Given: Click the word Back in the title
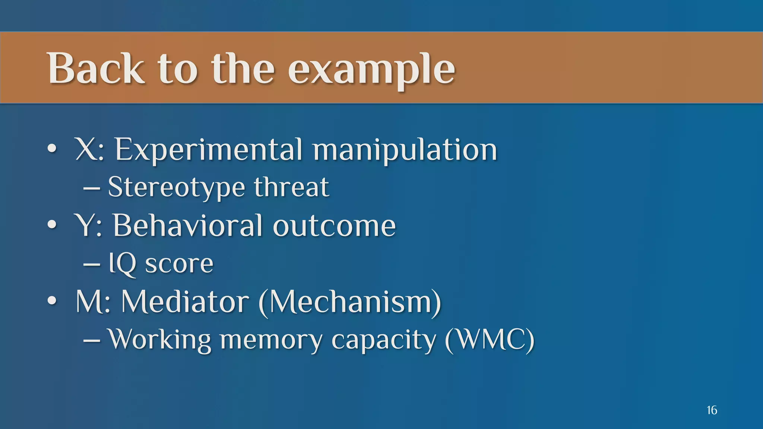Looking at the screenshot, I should (95, 69).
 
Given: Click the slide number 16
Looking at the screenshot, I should (712, 410).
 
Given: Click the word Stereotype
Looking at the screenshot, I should (176, 187).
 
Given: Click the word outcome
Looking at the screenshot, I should (334, 226).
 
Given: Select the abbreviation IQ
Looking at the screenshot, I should (122, 264).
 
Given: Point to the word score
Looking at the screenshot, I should (179, 264).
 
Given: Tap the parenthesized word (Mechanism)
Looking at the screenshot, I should (350, 302).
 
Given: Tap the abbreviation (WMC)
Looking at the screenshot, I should (490, 340).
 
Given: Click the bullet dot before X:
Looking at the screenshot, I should (52, 149).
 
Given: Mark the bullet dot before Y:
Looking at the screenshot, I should (52, 225).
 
